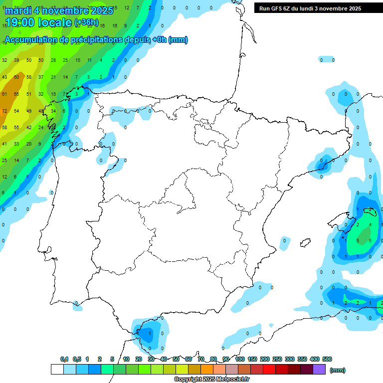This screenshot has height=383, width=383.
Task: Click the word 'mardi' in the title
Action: pos(18,11)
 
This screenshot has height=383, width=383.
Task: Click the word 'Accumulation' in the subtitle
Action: pos(32,40)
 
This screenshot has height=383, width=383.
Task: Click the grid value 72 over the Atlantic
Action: pos(4,111)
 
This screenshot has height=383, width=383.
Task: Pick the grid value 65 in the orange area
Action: pos(16,94)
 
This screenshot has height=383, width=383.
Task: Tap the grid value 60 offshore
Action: pos(16,77)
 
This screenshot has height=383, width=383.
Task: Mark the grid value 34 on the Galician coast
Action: pos(53,111)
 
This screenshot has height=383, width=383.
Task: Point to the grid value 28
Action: pos(53,60)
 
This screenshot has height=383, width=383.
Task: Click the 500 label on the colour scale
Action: pos(327,359)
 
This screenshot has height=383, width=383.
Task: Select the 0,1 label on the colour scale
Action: pos(64,359)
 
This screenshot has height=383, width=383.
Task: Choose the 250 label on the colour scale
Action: pos(277,359)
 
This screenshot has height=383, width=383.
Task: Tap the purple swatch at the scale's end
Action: pos(319,370)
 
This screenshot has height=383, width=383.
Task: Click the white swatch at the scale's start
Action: pos(57,370)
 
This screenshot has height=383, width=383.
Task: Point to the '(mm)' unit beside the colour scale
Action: pos(338,370)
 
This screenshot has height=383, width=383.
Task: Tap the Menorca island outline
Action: pos(370,210)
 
